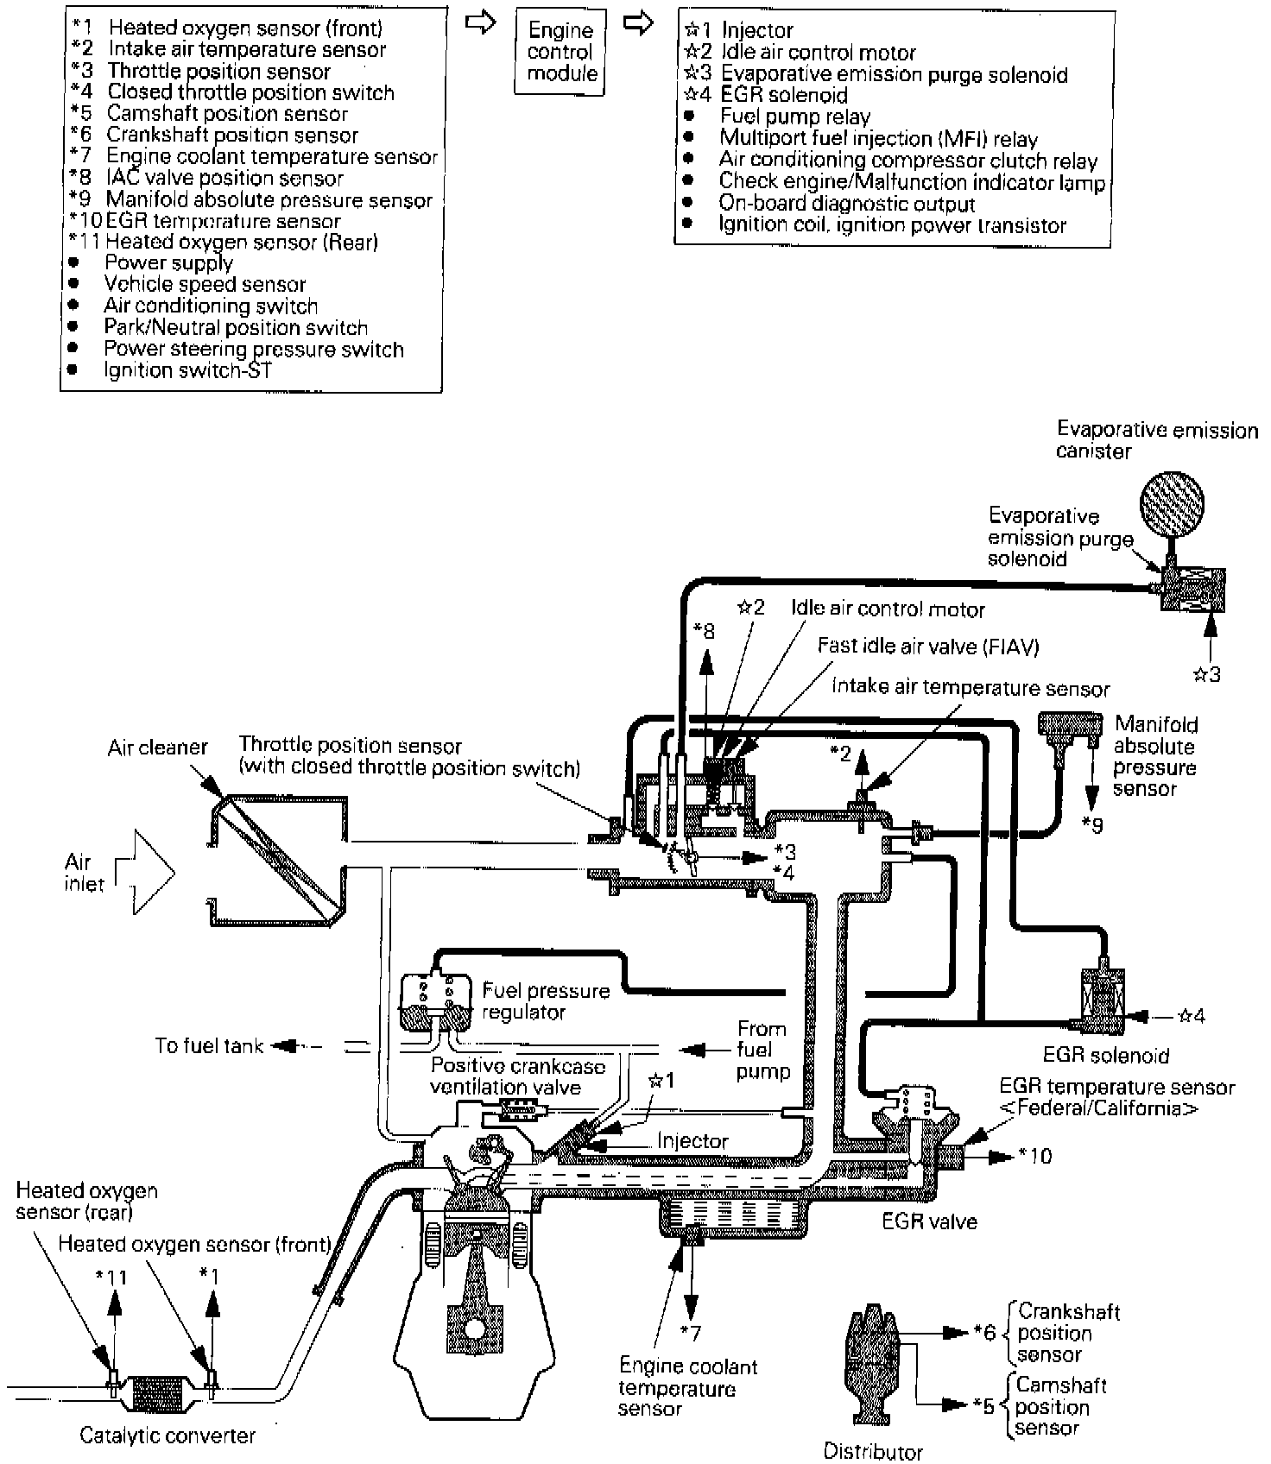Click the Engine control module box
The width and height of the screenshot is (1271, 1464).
(561, 52)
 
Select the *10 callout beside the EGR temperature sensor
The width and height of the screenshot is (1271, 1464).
(1035, 1155)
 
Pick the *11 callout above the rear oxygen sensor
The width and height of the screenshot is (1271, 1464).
(111, 1277)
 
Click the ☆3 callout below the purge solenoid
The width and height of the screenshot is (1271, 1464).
(1207, 675)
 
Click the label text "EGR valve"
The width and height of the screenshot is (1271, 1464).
(929, 1221)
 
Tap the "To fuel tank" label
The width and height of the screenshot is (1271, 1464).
(209, 1046)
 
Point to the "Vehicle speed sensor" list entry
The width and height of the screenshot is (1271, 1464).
(205, 284)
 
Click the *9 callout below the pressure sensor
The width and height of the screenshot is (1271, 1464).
(1092, 826)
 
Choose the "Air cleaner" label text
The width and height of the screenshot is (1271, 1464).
(157, 747)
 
